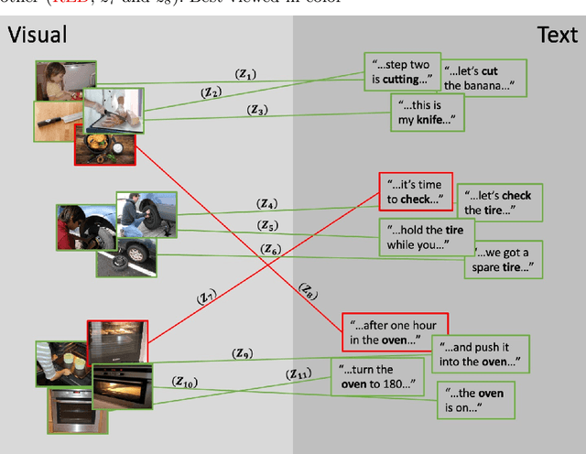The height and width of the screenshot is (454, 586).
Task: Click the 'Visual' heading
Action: (x=38, y=36)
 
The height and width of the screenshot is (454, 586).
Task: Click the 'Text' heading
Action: (x=557, y=36)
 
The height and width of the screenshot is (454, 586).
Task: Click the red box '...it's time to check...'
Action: (x=415, y=191)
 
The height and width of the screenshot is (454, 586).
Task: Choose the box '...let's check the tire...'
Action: (x=499, y=202)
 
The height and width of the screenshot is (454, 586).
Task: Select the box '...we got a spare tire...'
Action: (x=499, y=260)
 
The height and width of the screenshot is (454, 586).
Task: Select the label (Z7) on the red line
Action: (x=206, y=297)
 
